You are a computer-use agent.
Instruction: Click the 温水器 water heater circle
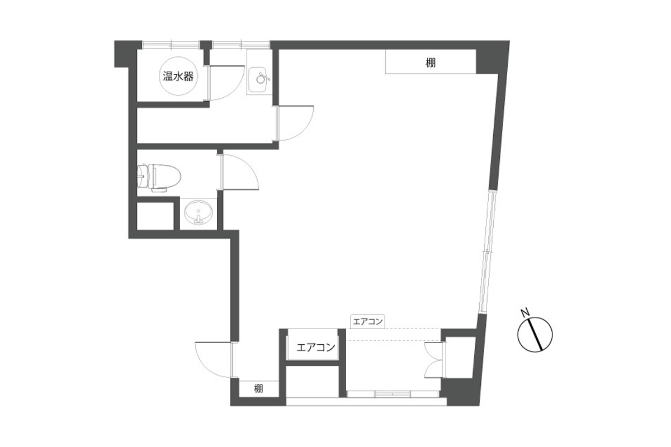pyautogui.click(x=178, y=76)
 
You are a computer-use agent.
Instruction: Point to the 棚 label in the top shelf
pyautogui.click(x=431, y=63)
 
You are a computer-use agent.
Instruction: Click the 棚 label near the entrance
pyautogui.click(x=258, y=389)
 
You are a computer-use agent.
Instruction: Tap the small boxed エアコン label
pyautogui.click(x=367, y=321)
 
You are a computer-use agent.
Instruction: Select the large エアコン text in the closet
pyautogui.click(x=316, y=348)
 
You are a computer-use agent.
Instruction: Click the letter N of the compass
pyautogui.click(x=525, y=312)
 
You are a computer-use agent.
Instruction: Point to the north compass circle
pyautogui.click(x=535, y=334)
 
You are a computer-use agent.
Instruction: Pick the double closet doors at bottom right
pyautogui.click(x=434, y=361)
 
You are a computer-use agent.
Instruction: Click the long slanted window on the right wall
pyautogui.click(x=487, y=252)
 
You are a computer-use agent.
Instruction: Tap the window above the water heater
pyautogui.click(x=171, y=45)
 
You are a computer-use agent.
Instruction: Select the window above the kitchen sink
pyautogui.click(x=241, y=45)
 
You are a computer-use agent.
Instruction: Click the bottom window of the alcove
pyautogui.click(x=393, y=394)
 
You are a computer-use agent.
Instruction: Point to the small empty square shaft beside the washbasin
pyautogui.click(x=155, y=216)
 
